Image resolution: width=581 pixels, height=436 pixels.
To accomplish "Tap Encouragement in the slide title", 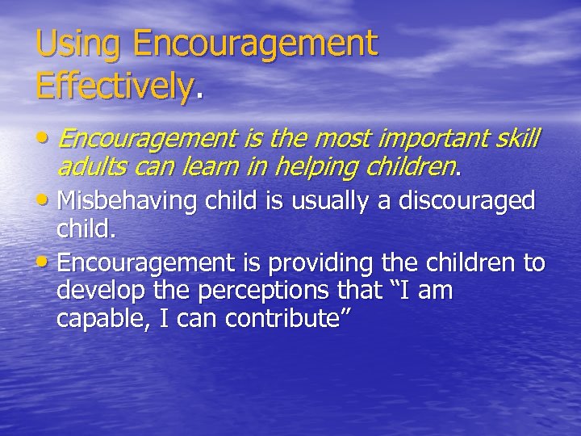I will pyautogui.click(x=256, y=44).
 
